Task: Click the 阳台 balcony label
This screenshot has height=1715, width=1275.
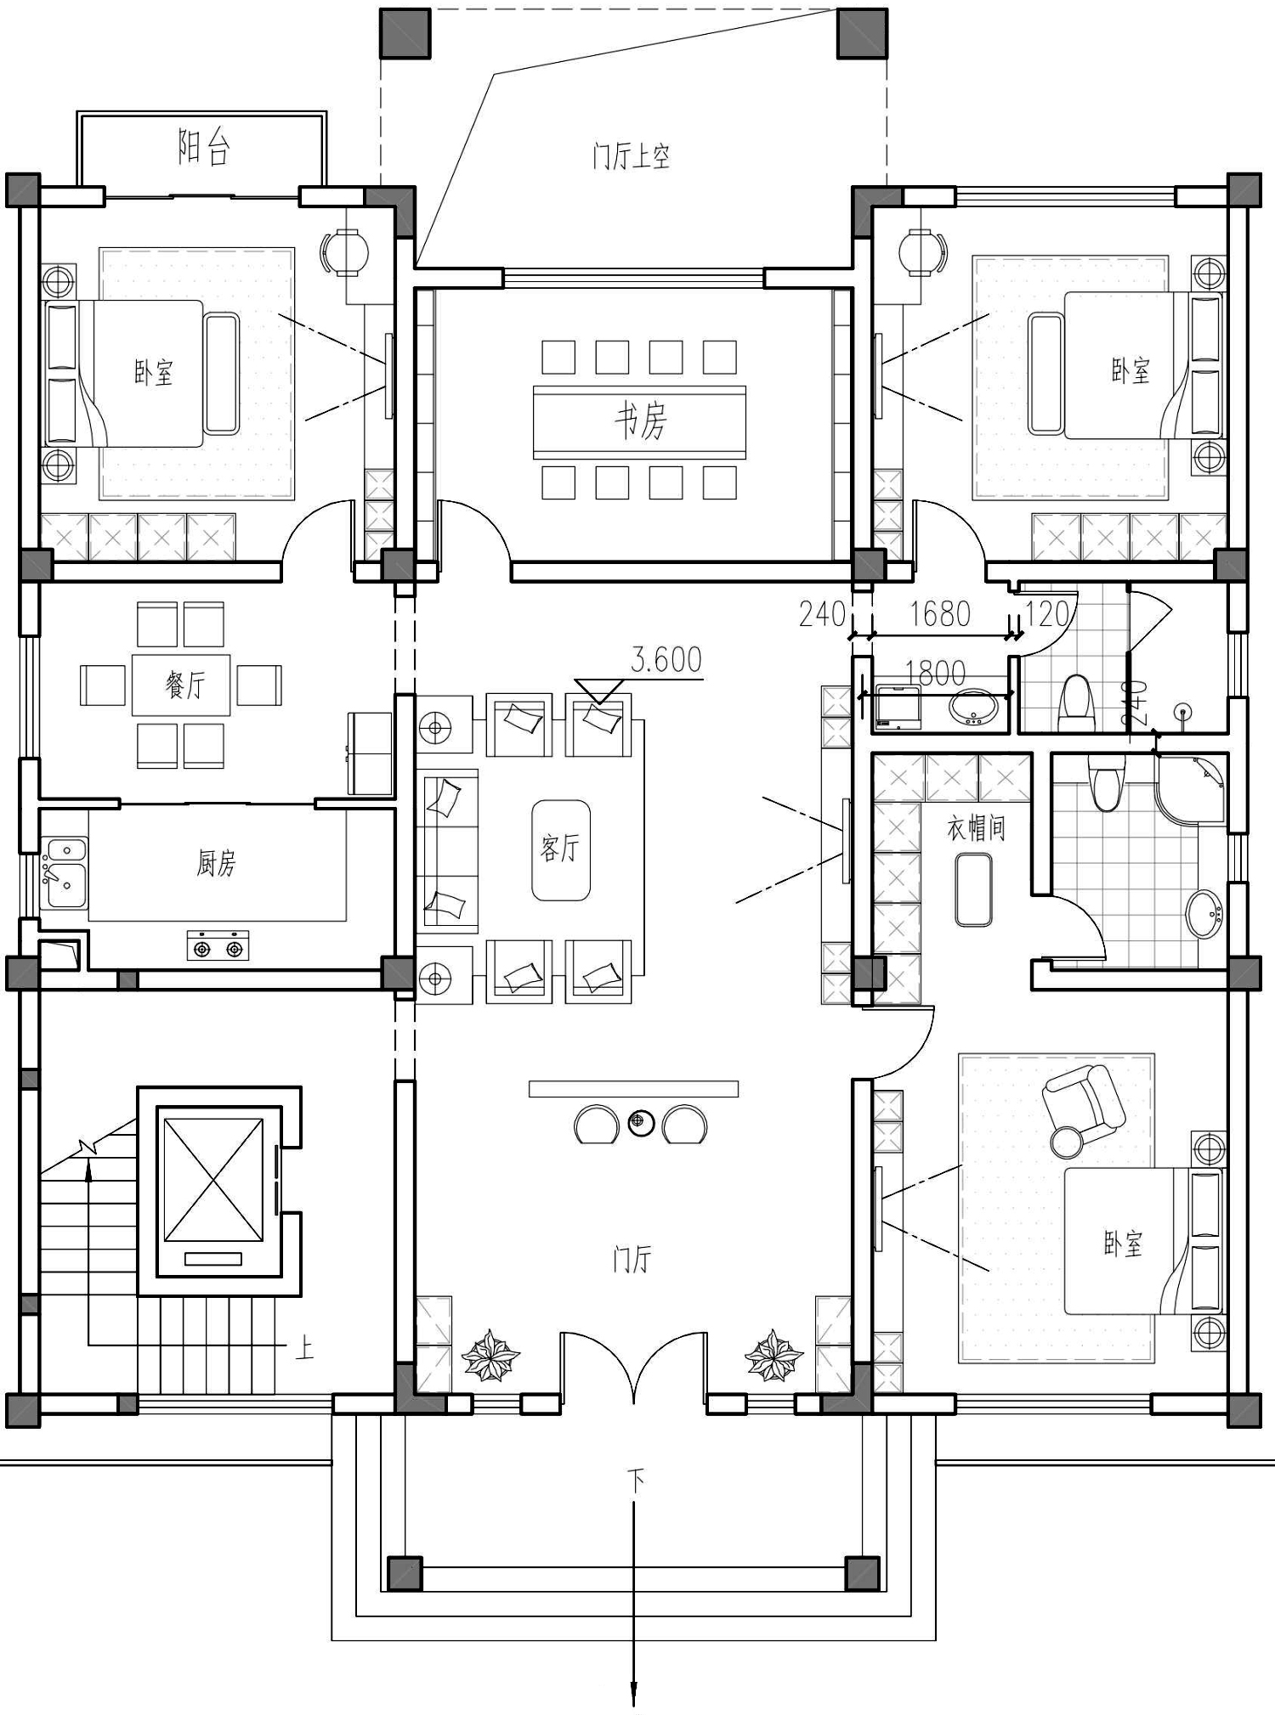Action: (x=204, y=147)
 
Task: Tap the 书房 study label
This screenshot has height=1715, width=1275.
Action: (x=641, y=420)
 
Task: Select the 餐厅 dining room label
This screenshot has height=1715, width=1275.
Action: (x=185, y=684)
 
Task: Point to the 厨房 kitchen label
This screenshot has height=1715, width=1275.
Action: (x=216, y=863)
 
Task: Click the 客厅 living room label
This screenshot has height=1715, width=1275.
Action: (x=560, y=847)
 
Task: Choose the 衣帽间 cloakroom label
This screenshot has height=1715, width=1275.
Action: (x=977, y=828)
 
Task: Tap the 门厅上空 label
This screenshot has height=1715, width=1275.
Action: (x=632, y=156)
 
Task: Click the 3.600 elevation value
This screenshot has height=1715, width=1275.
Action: (x=666, y=659)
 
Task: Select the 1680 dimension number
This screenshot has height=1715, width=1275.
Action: (x=940, y=613)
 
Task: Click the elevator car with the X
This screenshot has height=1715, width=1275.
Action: (x=213, y=1180)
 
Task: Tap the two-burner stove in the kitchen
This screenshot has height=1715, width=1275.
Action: (x=218, y=946)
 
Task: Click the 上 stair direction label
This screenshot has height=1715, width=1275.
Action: (x=304, y=1347)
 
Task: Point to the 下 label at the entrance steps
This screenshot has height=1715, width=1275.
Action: (x=635, y=1480)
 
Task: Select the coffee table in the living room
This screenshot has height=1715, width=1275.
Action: (x=561, y=849)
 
